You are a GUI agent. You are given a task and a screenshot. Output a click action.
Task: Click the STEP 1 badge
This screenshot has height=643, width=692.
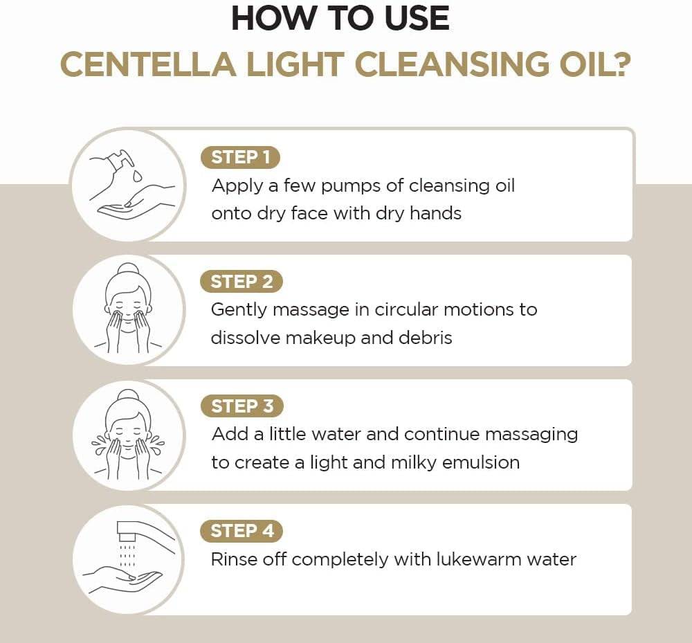click(240, 157)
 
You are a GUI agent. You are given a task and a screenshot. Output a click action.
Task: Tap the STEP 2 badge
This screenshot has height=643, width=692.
click(242, 282)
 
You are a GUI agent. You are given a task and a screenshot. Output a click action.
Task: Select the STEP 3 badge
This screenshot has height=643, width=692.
click(242, 406)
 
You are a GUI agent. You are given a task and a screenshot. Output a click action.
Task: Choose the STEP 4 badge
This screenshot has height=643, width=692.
click(242, 531)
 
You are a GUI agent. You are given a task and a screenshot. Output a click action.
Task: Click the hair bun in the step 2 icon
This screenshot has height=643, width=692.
click(127, 270)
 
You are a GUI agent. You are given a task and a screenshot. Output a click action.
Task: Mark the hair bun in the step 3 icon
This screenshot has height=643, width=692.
click(127, 395)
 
